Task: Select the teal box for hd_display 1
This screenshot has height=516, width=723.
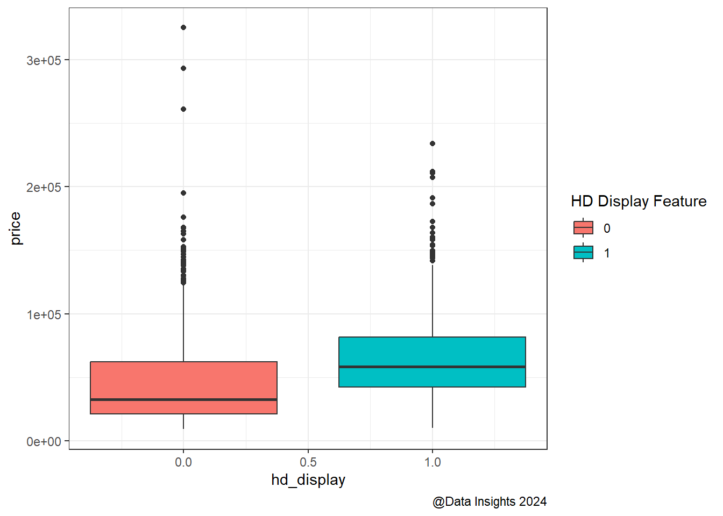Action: [x=432, y=352]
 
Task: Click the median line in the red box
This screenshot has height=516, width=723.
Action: [x=183, y=399]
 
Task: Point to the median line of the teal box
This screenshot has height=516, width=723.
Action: [x=432, y=367]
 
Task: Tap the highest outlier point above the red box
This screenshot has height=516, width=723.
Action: [x=183, y=27]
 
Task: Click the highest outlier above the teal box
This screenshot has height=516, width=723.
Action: [x=433, y=144]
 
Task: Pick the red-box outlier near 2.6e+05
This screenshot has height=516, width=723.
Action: [x=183, y=109]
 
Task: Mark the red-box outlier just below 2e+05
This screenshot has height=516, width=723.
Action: [x=183, y=193]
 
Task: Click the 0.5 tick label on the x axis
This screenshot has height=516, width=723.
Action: [x=308, y=462]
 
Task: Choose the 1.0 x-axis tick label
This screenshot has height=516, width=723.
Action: [x=433, y=462]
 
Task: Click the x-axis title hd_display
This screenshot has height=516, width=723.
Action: [x=308, y=479]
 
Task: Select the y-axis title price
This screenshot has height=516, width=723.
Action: [x=16, y=228]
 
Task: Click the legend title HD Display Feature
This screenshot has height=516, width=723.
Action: [x=639, y=201]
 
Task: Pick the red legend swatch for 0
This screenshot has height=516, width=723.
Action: [x=583, y=228]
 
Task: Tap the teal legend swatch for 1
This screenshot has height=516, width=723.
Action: [x=583, y=253]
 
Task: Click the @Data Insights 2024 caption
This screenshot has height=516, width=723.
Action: [x=490, y=501]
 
